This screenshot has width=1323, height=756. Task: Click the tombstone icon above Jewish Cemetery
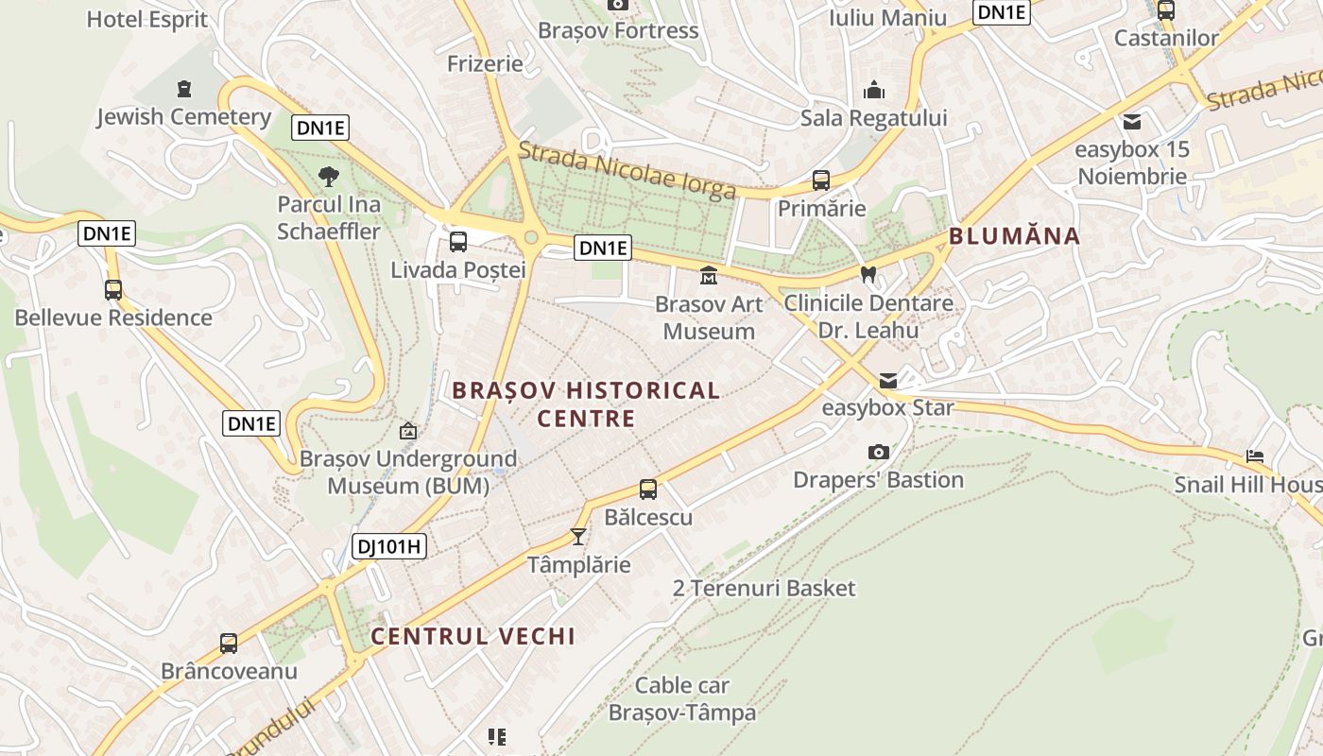(184, 89)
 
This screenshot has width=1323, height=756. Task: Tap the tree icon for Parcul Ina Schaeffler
(328, 176)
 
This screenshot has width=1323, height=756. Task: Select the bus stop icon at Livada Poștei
(458, 241)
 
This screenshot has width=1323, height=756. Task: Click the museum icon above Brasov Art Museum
(708, 275)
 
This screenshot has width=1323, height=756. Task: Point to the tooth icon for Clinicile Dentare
(868, 275)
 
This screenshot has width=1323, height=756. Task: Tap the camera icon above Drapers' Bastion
(878, 452)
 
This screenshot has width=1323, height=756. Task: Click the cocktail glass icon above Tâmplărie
(577, 537)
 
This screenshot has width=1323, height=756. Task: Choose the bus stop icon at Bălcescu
(647, 489)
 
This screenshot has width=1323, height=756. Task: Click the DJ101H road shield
(389, 545)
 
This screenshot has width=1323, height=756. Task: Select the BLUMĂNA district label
(1014, 236)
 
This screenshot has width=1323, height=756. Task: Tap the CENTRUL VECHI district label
(472, 636)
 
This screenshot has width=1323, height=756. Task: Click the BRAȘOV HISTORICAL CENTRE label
(586, 404)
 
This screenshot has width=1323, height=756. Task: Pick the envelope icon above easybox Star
(888, 381)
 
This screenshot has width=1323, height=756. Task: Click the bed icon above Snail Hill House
(1254, 455)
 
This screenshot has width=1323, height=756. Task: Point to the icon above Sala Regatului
(874, 91)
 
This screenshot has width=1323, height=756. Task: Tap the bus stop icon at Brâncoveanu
(229, 643)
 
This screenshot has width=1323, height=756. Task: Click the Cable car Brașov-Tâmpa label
(682, 698)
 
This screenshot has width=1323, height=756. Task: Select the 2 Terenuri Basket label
(764, 588)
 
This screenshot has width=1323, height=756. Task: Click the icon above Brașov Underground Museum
(408, 431)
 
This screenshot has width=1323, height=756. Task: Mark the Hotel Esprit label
(146, 19)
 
